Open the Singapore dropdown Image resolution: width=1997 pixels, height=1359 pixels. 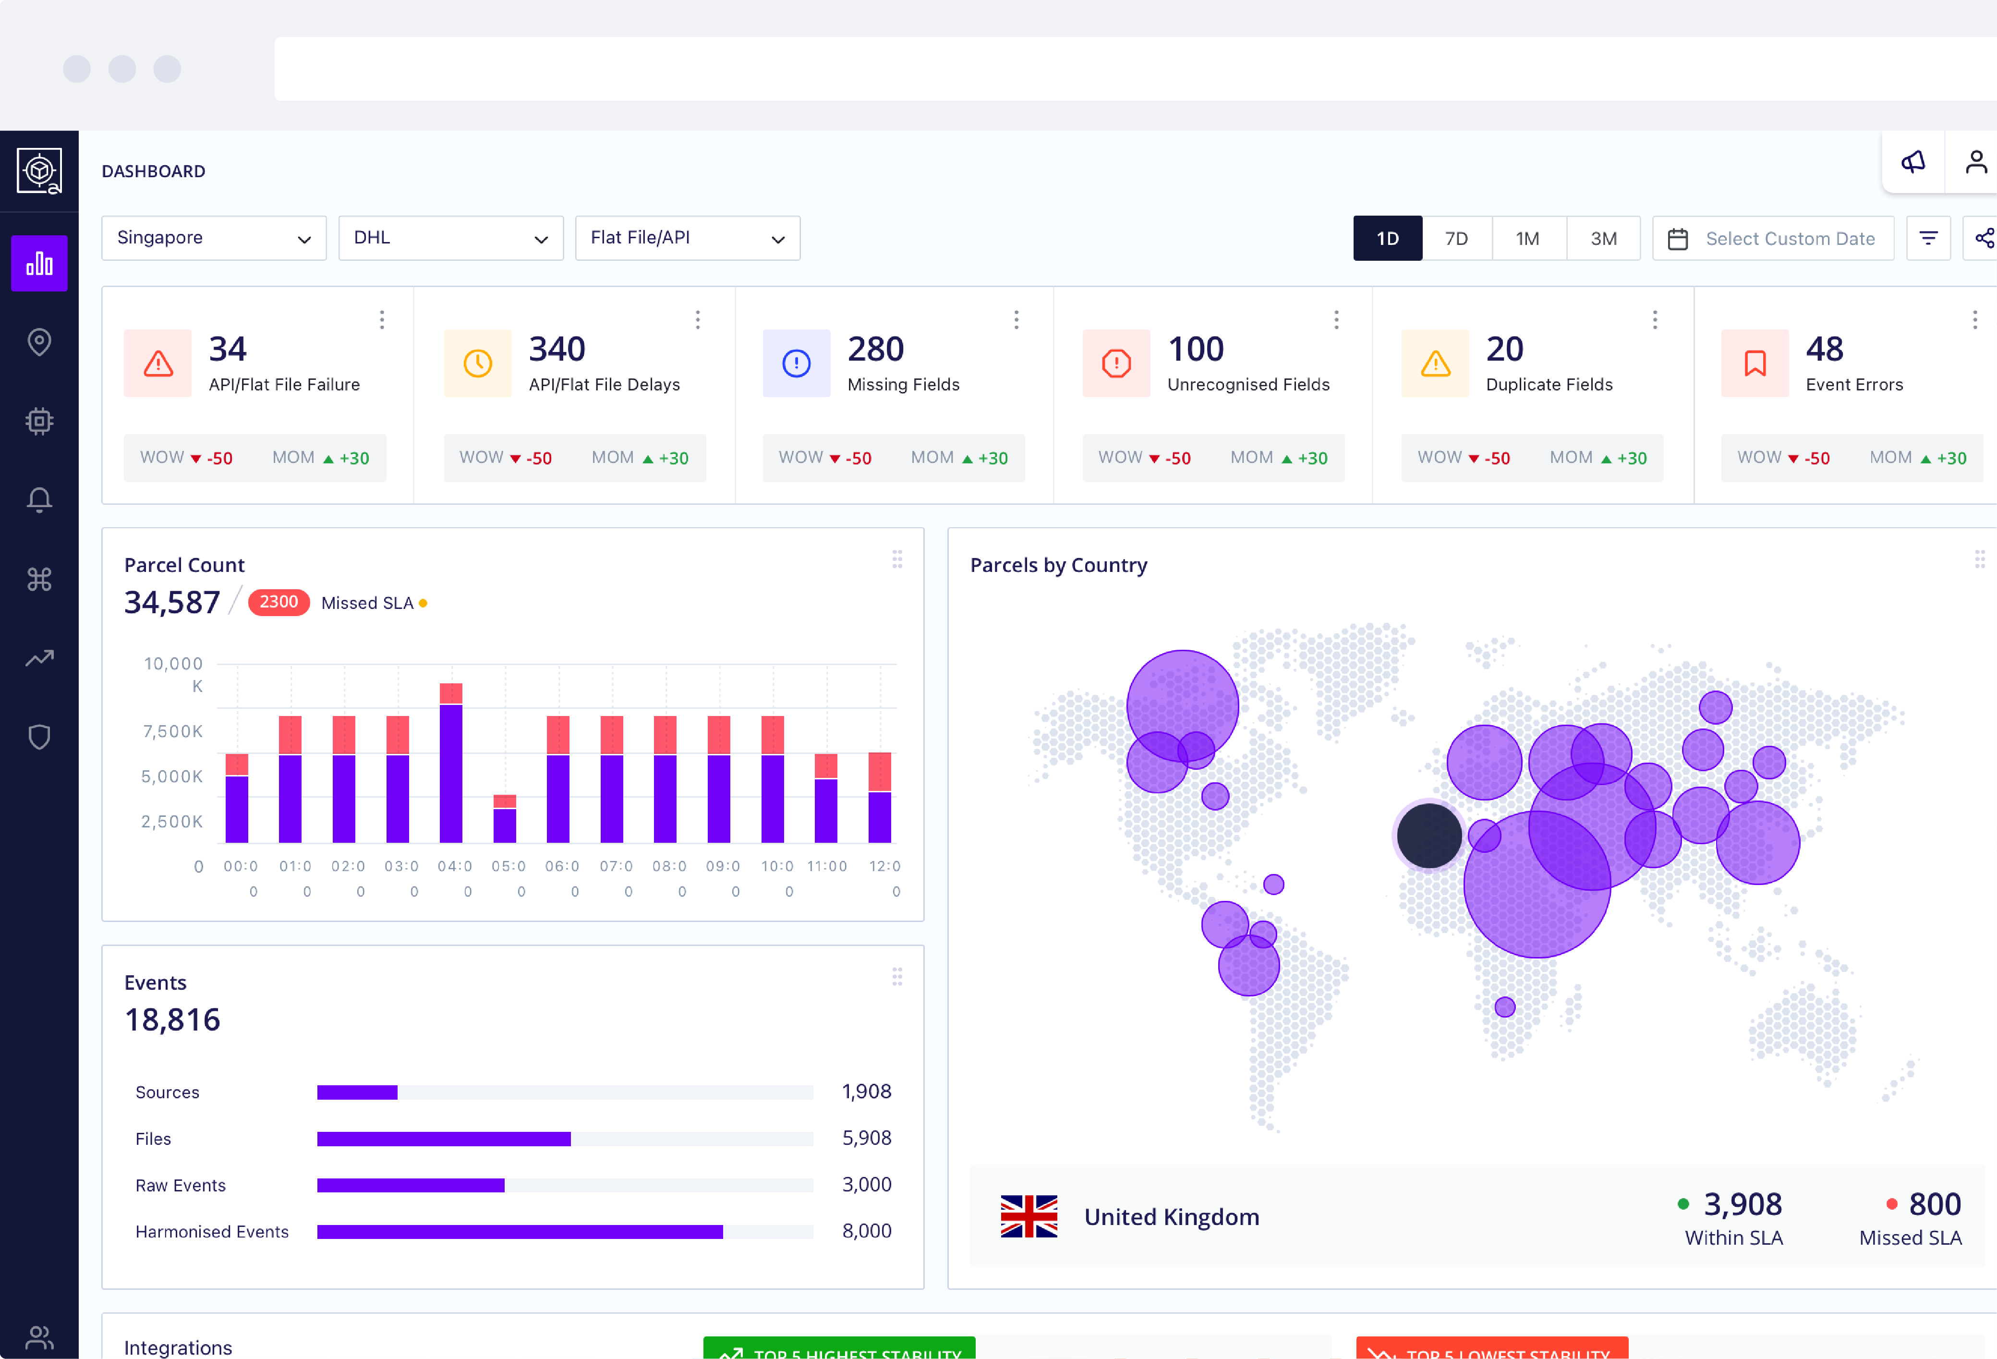(213, 238)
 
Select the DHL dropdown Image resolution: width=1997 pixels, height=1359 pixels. (450, 238)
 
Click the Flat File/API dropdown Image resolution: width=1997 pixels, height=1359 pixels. (687, 238)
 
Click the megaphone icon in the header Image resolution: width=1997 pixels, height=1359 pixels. (1913, 162)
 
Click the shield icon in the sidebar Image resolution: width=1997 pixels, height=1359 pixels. (39, 737)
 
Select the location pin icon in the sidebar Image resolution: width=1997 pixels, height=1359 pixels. (39, 342)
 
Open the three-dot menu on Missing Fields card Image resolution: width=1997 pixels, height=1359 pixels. (1016, 320)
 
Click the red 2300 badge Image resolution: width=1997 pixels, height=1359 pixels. (278, 602)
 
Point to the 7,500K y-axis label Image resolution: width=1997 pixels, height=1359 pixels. (173, 731)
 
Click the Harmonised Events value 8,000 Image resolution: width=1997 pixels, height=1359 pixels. (866, 1231)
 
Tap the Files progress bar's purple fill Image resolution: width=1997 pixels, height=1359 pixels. (443, 1139)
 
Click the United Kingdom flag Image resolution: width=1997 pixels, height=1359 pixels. (1029, 1216)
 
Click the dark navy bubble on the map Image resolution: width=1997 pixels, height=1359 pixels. (1429, 835)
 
